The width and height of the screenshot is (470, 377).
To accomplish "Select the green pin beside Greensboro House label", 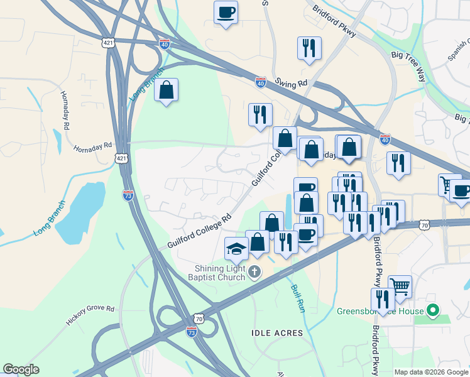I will click(x=432, y=310).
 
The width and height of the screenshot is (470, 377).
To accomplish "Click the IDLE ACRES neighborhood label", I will click(x=277, y=332).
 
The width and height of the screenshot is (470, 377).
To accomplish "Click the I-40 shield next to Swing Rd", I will click(x=261, y=82).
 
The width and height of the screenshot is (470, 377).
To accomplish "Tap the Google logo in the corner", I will click(x=21, y=369).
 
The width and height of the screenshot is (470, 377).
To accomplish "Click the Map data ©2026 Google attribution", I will click(x=430, y=372).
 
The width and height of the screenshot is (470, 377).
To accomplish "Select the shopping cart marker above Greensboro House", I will click(x=400, y=287).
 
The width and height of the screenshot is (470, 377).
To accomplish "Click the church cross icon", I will click(x=254, y=272).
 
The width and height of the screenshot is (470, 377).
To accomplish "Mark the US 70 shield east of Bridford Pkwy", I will click(x=425, y=224).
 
